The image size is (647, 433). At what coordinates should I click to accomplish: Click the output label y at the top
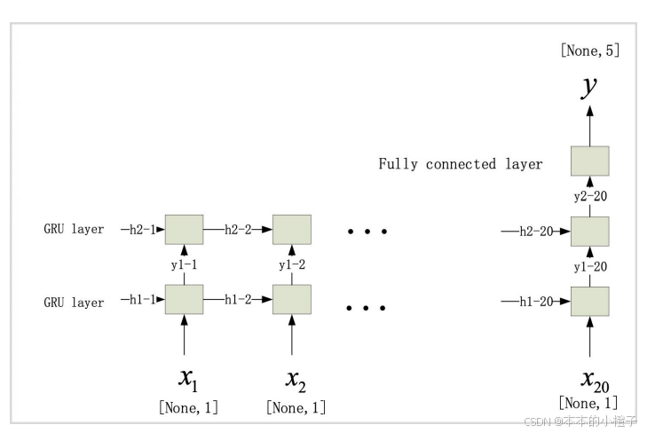point(589,87)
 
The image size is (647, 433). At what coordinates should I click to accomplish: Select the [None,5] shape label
point(589,51)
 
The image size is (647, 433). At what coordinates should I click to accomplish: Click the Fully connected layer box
point(589,161)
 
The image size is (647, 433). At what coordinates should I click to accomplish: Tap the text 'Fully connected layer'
point(461,164)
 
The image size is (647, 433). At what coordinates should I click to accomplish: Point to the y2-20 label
point(589,196)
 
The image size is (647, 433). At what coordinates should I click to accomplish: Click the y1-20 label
point(589,266)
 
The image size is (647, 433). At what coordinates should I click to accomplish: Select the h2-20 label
point(534,231)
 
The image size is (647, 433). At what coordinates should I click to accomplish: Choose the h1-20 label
point(534,302)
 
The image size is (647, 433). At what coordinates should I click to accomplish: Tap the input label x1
point(188,380)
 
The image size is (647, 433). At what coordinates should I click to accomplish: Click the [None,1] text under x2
point(296,408)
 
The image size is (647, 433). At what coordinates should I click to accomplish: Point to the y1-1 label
point(185,265)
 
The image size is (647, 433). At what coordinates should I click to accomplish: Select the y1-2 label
point(291,265)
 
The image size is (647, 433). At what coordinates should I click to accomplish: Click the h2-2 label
point(238,230)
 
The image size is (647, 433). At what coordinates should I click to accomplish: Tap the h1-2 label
point(238,301)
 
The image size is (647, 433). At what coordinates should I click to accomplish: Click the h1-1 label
point(141,301)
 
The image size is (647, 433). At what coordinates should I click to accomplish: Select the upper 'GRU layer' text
point(74,230)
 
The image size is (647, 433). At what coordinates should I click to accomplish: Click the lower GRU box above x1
point(185,300)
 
